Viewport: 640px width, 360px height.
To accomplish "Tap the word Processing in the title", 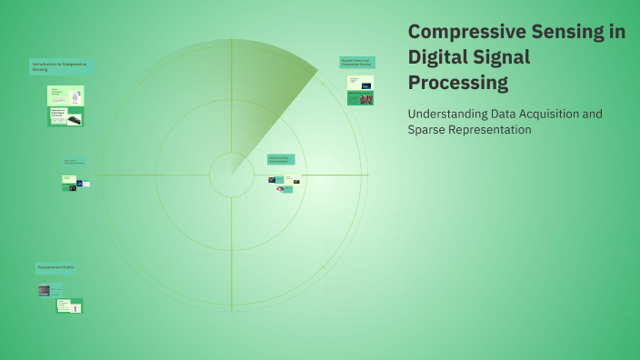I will [x=458, y=83].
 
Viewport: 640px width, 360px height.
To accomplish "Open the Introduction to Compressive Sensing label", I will [x=61, y=66].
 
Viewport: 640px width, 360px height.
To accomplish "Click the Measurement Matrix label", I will [x=55, y=268].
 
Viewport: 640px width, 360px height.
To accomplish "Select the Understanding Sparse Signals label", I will [x=280, y=159].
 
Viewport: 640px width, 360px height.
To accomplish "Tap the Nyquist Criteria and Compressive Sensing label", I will [x=357, y=63].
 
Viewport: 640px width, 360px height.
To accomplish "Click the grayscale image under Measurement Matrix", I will [x=44, y=291].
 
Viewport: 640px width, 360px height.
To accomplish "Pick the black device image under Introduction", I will [x=74, y=119].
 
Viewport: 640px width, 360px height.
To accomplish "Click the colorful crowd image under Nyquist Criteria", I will [x=365, y=99].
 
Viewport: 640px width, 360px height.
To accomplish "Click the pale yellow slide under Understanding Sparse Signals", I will [x=288, y=179].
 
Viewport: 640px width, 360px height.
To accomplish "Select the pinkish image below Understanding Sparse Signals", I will [x=281, y=189].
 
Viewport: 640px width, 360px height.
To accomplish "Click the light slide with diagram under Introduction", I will [x=65, y=95].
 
